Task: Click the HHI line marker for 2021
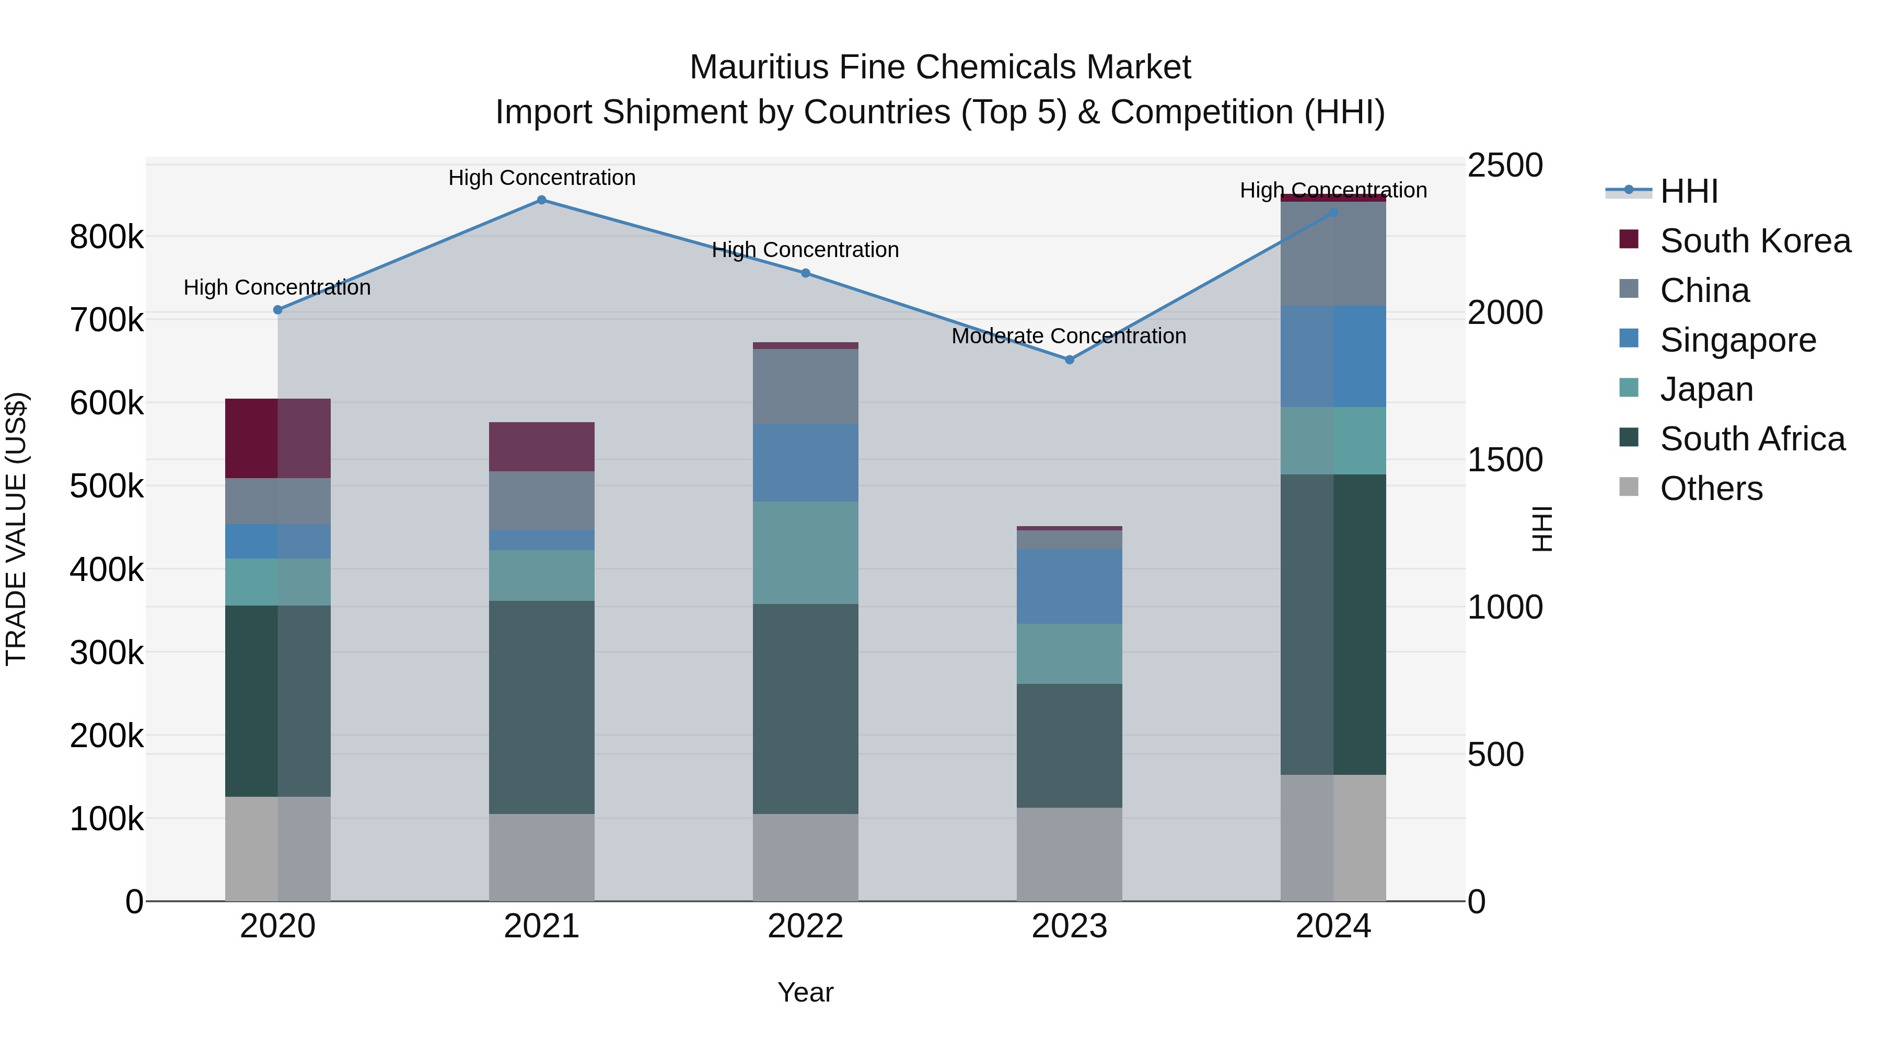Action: [x=541, y=200]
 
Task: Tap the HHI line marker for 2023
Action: [x=1069, y=359]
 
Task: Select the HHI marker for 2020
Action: [x=277, y=310]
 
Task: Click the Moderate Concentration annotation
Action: [x=1069, y=336]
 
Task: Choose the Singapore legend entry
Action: [x=1737, y=340]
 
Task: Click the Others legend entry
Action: [x=1711, y=489]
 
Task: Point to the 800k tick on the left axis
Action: [x=107, y=237]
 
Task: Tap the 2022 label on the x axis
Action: [x=805, y=926]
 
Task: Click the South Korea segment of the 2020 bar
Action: [x=277, y=438]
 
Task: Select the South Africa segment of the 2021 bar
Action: [x=541, y=707]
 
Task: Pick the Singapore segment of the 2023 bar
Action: [x=1069, y=586]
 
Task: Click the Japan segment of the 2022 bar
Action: [x=805, y=553]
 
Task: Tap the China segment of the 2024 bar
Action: [x=1333, y=254]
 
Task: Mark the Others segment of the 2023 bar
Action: [x=1069, y=854]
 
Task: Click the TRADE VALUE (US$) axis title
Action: [x=17, y=529]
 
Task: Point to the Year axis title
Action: [x=805, y=992]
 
